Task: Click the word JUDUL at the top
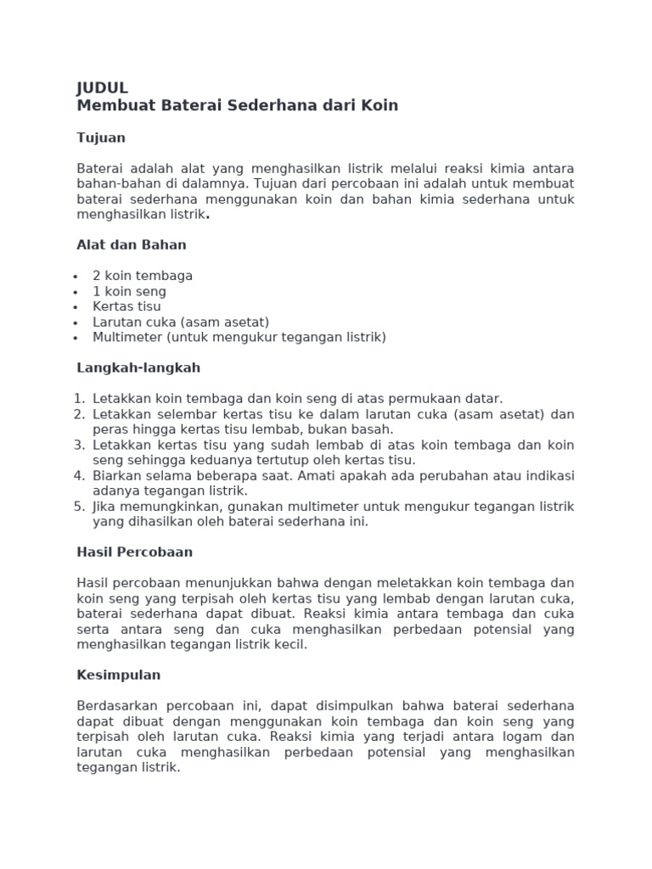click(x=102, y=88)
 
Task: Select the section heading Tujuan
click(x=101, y=137)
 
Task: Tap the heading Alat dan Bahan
click(x=132, y=245)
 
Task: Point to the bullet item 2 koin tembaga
click(x=143, y=276)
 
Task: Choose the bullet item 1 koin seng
click(x=130, y=291)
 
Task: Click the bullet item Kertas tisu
click(x=126, y=306)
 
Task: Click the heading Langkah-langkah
click(x=138, y=368)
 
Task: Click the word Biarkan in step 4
click(x=117, y=475)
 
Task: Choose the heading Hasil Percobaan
click(x=134, y=552)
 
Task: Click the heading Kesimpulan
click(x=118, y=676)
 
